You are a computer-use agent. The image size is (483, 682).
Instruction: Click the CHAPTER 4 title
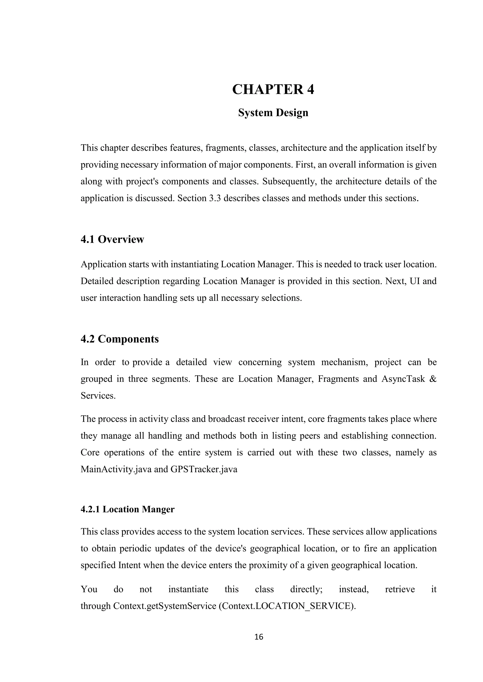[x=273, y=89]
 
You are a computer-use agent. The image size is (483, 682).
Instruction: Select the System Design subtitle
[x=273, y=113]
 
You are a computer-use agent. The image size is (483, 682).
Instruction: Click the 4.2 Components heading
[x=120, y=339]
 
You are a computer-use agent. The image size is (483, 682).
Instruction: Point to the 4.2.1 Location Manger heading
[x=127, y=509]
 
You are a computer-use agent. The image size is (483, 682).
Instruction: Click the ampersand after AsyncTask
[x=433, y=379]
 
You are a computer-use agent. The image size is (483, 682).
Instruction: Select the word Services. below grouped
[x=98, y=396]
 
